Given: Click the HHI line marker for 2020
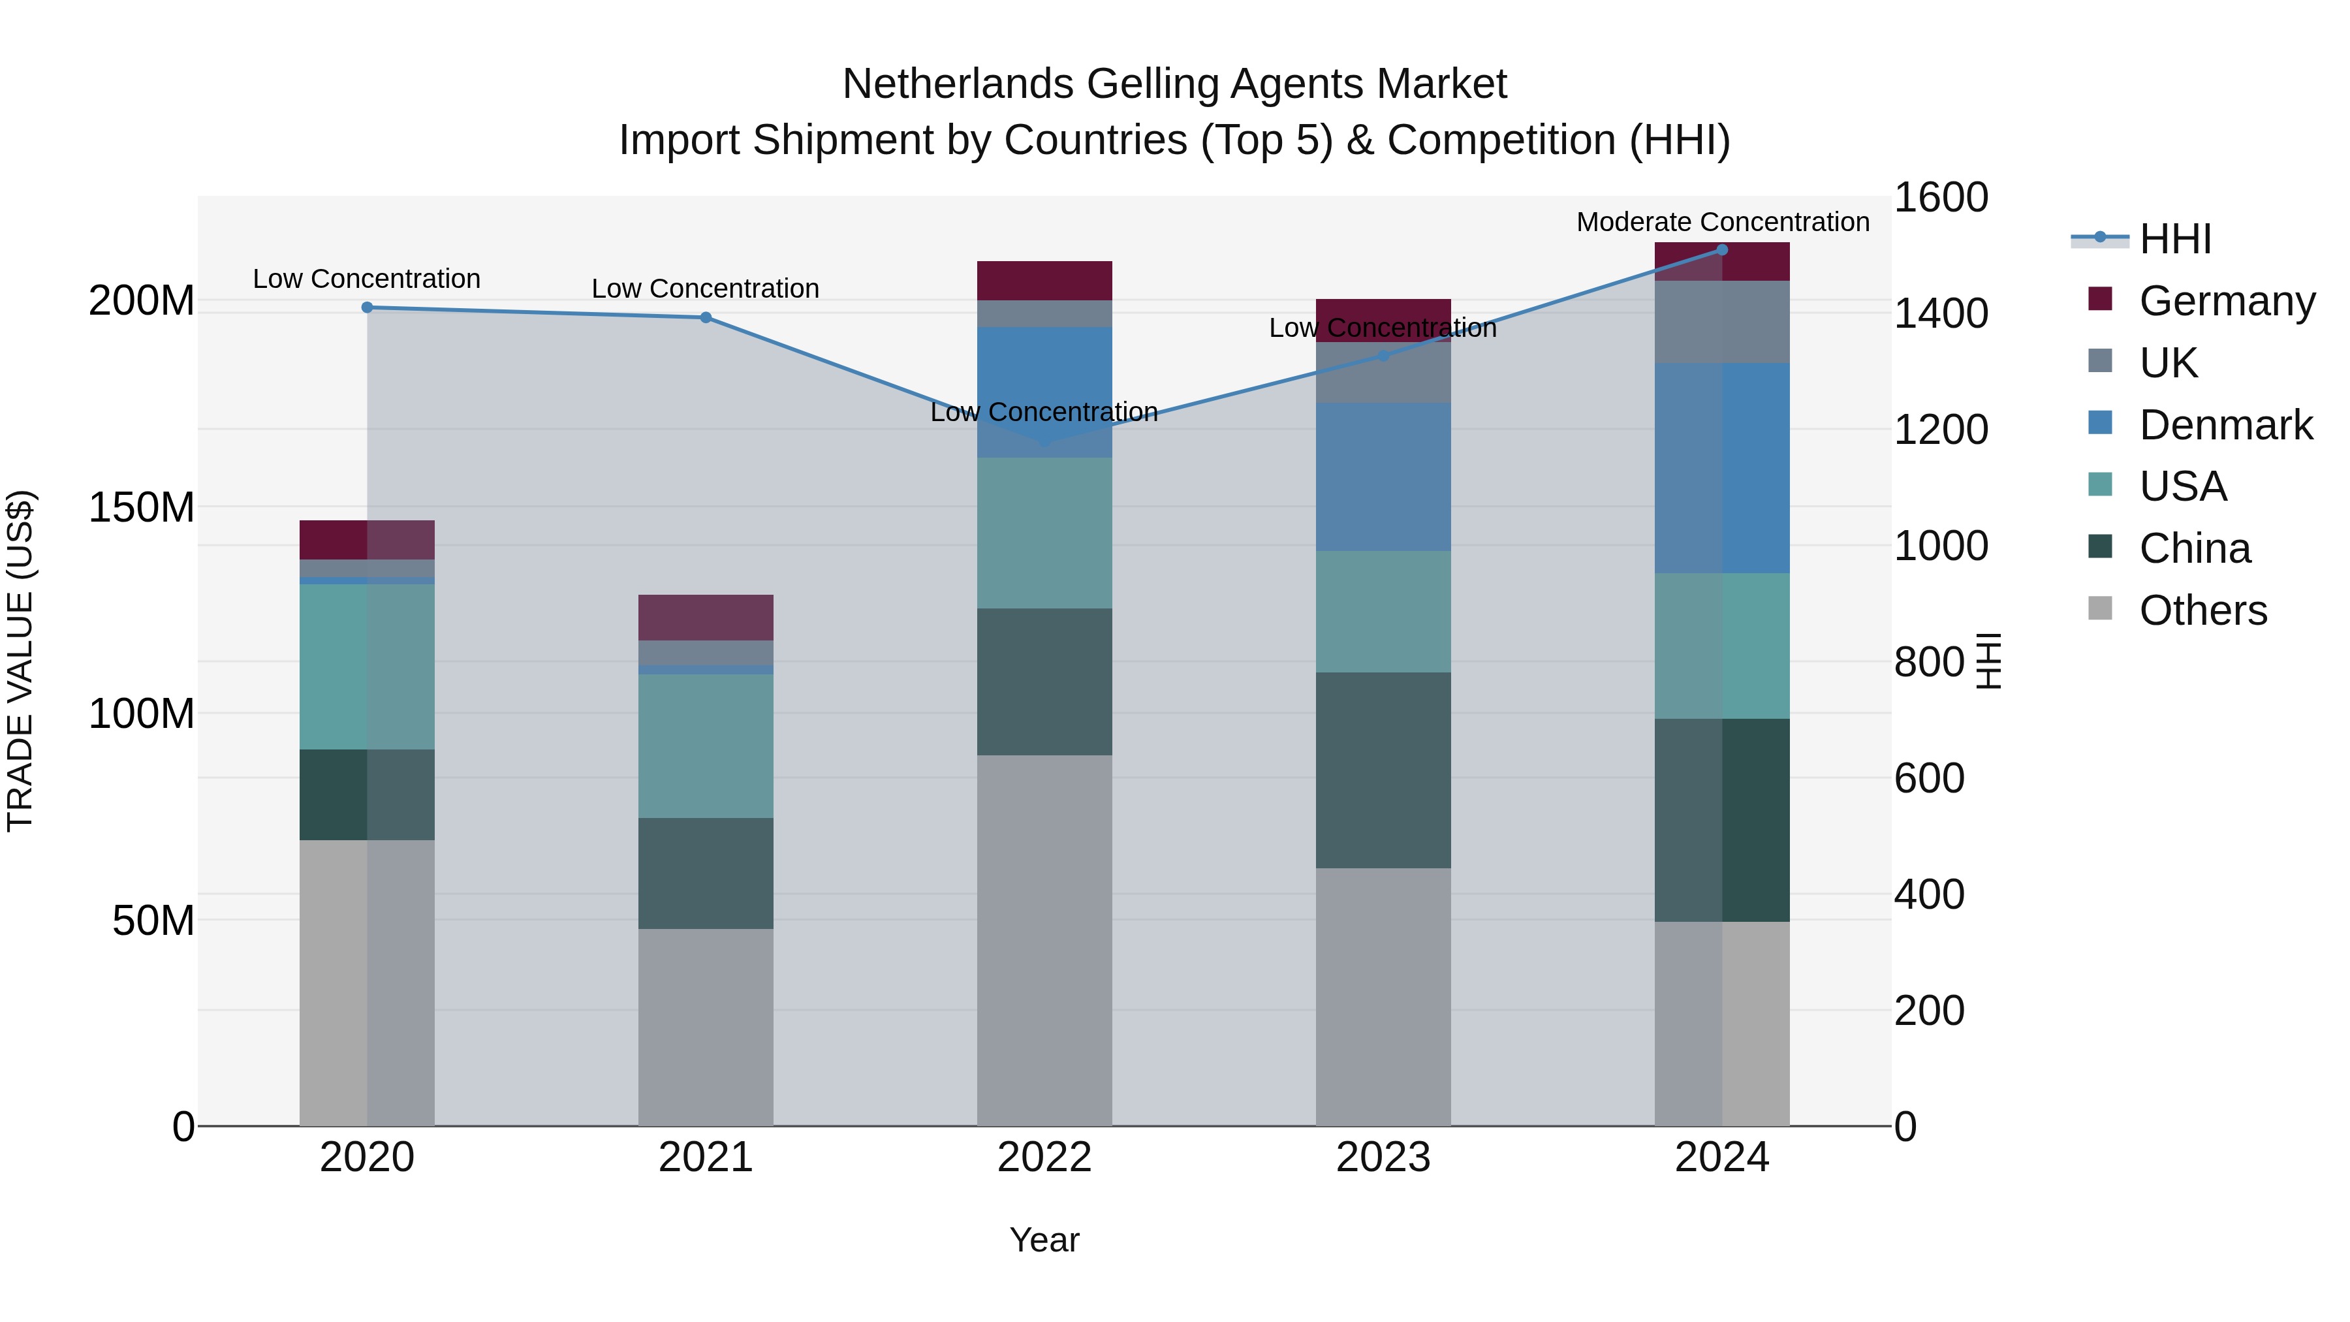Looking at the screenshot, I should click(367, 307).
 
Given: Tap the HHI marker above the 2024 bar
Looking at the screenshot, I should click(1723, 250).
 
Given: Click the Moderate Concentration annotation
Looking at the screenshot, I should click(1723, 222).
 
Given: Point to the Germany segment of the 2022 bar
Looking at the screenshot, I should click(1044, 280).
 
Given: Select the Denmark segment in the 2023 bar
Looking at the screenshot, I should click(1383, 477).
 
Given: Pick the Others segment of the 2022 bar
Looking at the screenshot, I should click(1044, 939).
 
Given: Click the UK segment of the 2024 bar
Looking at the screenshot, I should click(1723, 321).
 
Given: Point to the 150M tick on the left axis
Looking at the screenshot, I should click(142, 507).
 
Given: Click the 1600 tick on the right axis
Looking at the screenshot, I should click(1941, 198).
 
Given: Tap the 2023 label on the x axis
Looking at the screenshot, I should click(1383, 1157).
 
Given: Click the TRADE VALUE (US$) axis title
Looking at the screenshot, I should click(20, 661).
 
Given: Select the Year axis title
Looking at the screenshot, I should click(1044, 1240).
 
